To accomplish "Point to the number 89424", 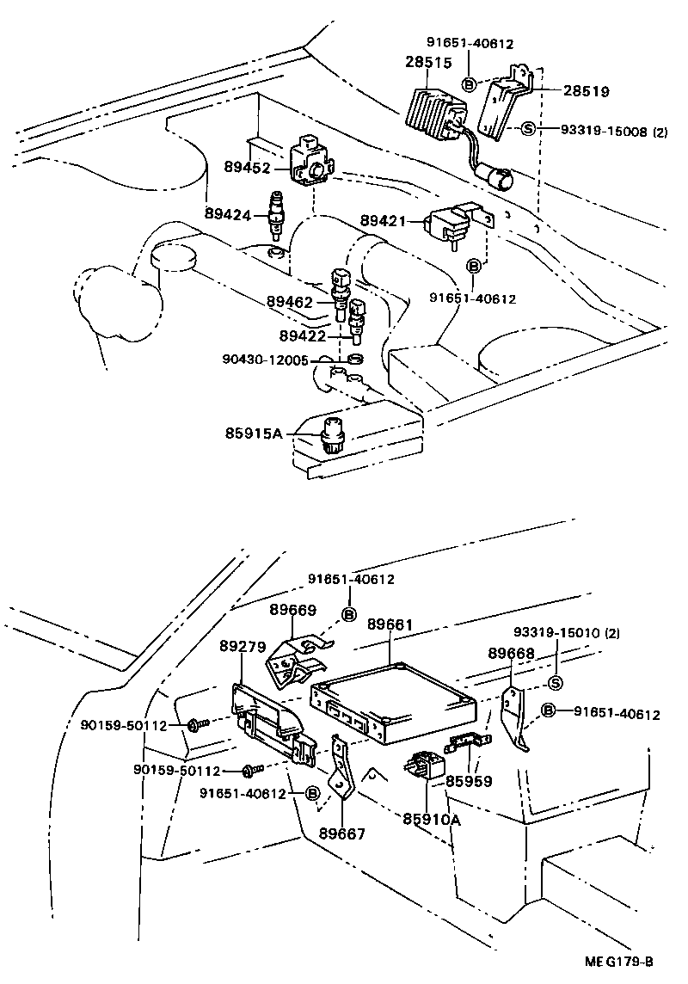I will pos(228,214).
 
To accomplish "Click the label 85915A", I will pos(254,434).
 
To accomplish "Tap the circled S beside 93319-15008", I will pos(528,130).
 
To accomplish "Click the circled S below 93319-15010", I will pos(555,683).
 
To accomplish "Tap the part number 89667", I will pos(341,833).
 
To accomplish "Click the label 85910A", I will pos(431,820).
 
